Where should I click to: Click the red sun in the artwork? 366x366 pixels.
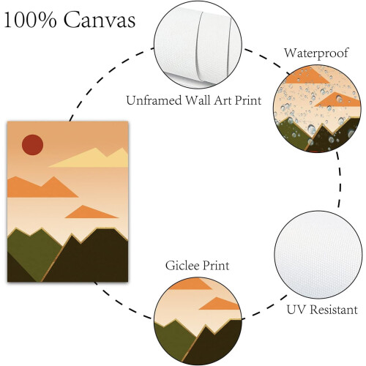coord(32,145)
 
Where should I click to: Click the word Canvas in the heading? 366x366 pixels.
coord(100,20)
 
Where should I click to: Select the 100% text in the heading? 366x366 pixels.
coord(31,20)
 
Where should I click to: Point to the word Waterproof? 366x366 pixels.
coord(316,53)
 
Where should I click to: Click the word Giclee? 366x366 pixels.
coord(182,266)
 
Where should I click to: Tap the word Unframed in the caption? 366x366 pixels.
coord(154,100)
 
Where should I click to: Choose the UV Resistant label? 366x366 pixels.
coord(322,310)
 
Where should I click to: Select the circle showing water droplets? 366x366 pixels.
coord(317,108)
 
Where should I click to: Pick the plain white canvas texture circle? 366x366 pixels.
coord(318,255)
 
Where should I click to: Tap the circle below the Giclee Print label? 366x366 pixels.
coord(198,321)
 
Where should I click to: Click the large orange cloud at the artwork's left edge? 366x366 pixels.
coord(42,187)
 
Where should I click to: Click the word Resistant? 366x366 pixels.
coord(334,310)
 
